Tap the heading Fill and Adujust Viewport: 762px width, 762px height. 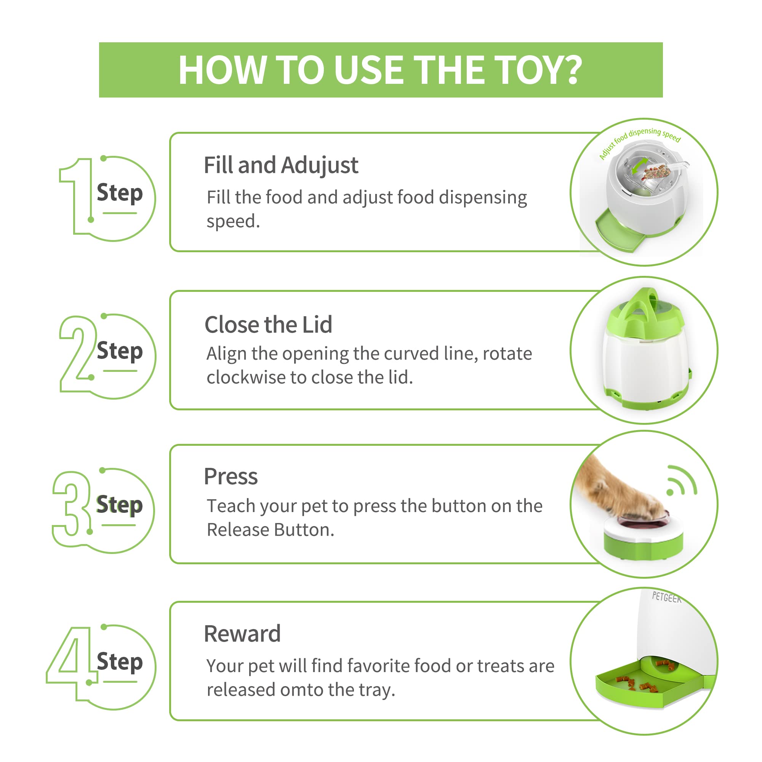[281, 166]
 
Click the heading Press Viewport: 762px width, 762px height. [231, 477]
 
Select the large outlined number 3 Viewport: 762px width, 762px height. [71, 509]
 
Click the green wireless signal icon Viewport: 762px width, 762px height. [681, 480]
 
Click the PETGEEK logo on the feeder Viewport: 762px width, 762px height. [666, 597]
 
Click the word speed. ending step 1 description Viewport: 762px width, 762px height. [233, 222]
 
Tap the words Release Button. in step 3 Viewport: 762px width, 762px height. [271, 530]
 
